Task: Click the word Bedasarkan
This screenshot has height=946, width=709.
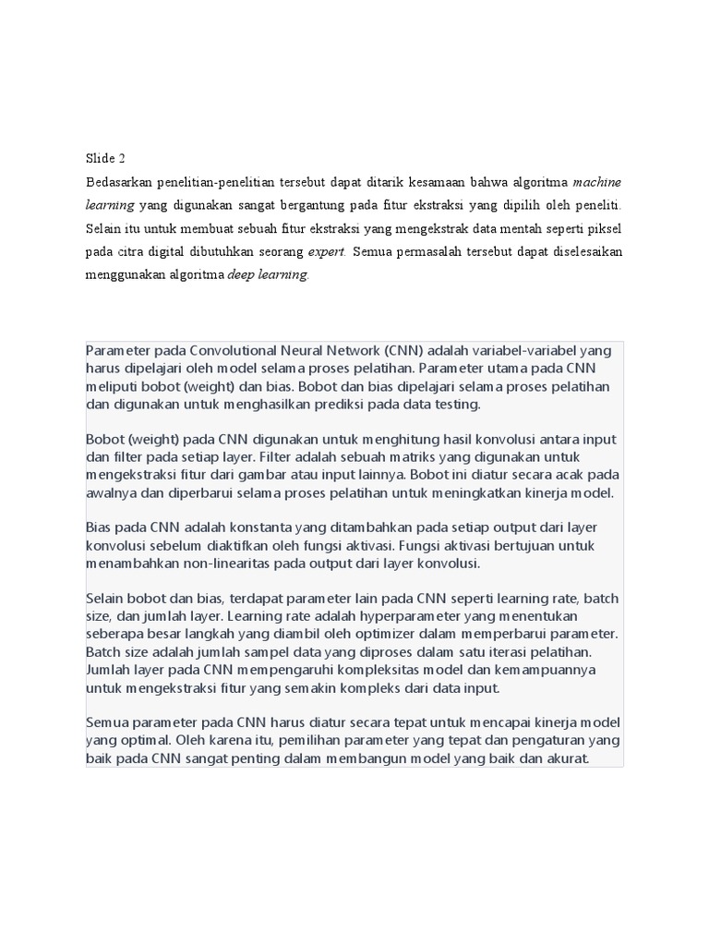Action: pyautogui.click(x=119, y=181)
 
